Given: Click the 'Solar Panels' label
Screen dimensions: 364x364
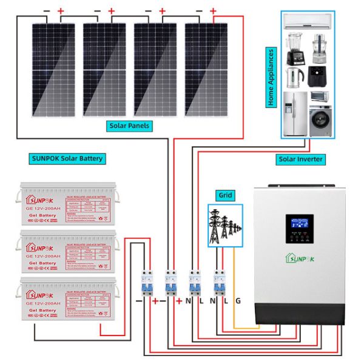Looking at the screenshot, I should (129, 126).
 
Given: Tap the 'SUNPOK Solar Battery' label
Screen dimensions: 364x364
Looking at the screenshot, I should (67, 158).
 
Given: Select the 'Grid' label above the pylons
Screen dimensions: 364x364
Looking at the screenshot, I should (224, 195).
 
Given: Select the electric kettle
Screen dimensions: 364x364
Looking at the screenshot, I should (295, 77).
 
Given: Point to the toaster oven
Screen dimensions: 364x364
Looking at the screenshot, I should (319, 97).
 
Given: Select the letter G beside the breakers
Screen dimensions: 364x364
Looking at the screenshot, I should (238, 300).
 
